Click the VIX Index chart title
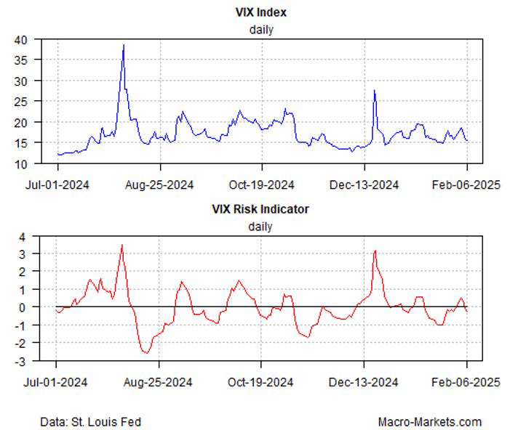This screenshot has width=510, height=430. (x=260, y=13)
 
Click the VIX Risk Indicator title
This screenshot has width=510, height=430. (x=260, y=209)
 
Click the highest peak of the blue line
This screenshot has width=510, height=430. (x=124, y=45)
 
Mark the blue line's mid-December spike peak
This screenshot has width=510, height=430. (x=374, y=90)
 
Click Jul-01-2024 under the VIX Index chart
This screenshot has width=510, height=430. (x=57, y=184)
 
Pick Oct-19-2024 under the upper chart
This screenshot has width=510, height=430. (x=263, y=184)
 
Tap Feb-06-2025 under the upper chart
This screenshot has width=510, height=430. (x=466, y=184)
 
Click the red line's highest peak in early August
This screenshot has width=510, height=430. (x=122, y=245)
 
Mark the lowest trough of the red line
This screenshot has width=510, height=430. (x=147, y=353)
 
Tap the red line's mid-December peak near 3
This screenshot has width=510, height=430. (x=375, y=251)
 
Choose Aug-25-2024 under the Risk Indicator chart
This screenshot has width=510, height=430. (x=159, y=381)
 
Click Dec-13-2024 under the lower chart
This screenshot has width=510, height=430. (x=364, y=381)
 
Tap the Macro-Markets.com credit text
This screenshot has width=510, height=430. (x=429, y=421)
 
